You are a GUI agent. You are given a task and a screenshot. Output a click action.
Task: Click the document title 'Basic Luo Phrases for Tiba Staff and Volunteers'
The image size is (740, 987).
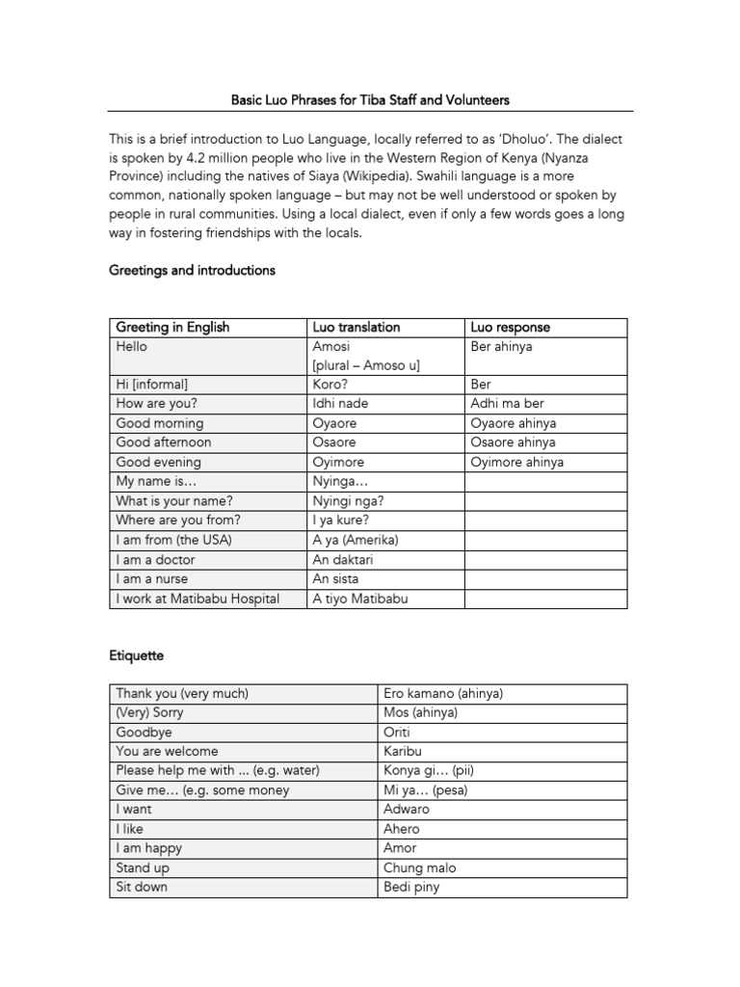370,99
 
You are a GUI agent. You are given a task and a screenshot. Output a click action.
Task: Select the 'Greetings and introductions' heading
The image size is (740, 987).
192,270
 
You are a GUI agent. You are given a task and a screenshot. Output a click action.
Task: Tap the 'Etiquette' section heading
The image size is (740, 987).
136,655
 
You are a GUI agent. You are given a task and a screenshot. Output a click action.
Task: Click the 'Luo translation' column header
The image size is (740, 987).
356,327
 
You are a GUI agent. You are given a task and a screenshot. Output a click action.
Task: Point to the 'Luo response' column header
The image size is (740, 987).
510,327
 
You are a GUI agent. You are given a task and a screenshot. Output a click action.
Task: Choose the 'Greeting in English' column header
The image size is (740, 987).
172,327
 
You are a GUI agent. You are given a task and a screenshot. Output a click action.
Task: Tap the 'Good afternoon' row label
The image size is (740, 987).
163,442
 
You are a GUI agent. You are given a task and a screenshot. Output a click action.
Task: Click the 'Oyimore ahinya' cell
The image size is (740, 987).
517,462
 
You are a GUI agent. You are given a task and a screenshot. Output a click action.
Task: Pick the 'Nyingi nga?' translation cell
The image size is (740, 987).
347,500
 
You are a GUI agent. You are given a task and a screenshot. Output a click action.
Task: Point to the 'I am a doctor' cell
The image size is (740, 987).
155,559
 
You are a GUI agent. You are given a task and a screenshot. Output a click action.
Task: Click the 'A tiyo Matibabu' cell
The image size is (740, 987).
360,599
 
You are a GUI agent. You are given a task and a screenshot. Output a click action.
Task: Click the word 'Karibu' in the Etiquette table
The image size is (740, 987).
403,751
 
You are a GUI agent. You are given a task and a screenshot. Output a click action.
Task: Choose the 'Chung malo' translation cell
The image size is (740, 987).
419,867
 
